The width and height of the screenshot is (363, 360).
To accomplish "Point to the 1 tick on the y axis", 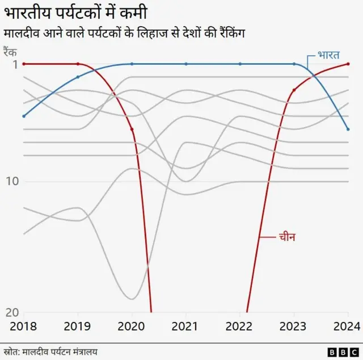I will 14,64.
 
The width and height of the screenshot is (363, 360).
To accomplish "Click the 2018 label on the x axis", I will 24,326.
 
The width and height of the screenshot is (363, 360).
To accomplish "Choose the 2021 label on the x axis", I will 186,326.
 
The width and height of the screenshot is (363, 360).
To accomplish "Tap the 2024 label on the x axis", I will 347,326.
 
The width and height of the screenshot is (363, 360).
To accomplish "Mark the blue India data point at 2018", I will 24,116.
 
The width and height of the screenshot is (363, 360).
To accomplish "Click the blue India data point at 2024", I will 348,129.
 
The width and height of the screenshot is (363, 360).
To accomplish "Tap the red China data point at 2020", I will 132,129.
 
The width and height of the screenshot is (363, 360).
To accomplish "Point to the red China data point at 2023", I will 294,90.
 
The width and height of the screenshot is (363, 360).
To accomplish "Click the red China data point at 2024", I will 348,64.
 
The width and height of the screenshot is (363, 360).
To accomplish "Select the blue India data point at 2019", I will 78,77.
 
